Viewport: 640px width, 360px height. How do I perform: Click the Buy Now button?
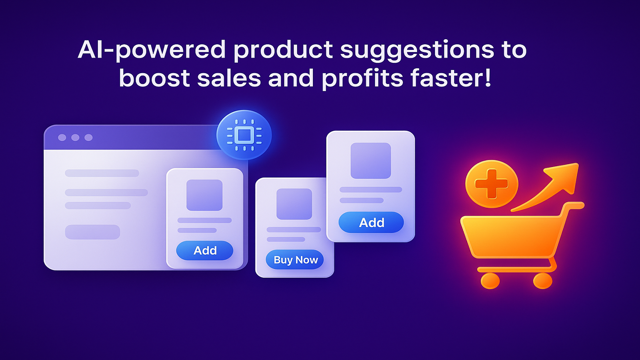[x=294, y=260]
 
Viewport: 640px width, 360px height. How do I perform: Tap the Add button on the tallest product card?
[x=371, y=222]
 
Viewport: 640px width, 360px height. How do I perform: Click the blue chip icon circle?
[x=244, y=135]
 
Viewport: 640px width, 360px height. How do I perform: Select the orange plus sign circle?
[x=492, y=184]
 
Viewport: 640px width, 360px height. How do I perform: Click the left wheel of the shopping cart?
[x=490, y=280]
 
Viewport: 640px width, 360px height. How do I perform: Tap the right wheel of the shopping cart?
[x=542, y=280]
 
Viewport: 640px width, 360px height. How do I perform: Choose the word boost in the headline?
[x=154, y=78]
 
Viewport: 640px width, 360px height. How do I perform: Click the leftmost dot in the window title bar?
[x=62, y=138]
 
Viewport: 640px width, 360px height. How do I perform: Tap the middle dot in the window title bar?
[x=75, y=138]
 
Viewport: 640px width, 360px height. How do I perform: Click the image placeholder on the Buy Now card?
[x=294, y=204]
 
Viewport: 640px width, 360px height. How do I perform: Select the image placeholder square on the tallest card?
[x=370, y=160]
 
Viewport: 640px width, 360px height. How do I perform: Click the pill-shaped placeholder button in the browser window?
[x=92, y=232]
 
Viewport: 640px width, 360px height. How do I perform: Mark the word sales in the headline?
[x=229, y=78]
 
